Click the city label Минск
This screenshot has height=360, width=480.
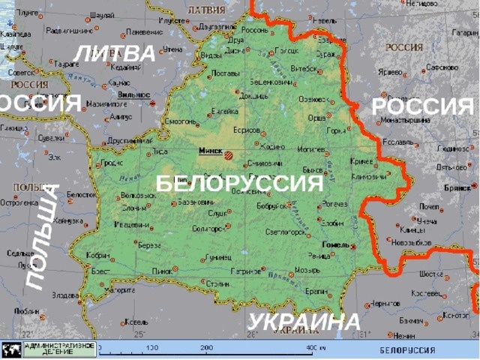tap(210, 151)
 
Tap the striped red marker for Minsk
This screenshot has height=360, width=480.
tap(229, 155)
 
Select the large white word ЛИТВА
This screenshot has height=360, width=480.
tap(115, 54)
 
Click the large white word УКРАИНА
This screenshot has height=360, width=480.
tap(304, 322)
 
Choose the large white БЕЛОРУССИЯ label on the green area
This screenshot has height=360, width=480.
tap(238, 184)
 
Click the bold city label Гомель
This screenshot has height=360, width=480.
tap(334, 244)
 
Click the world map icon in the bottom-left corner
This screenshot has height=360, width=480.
tap(12, 349)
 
